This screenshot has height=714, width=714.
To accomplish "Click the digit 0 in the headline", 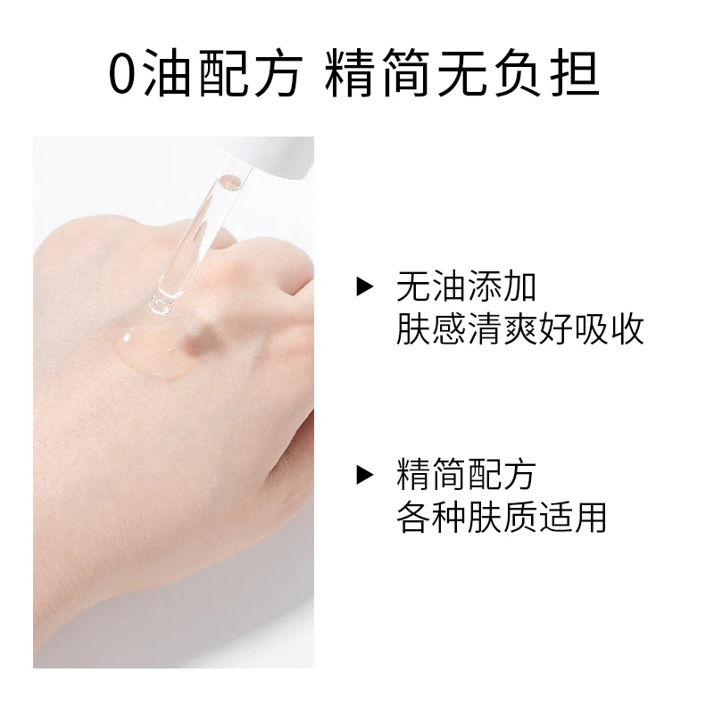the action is tap(123, 75).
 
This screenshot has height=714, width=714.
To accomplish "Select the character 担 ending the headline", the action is tap(575, 73).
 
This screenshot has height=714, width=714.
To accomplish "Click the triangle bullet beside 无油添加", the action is tap(365, 286).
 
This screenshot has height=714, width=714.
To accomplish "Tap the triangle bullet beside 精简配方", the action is tap(365, 475).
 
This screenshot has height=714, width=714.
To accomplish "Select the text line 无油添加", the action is tap(466, 286).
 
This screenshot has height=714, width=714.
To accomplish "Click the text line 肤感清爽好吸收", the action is tap(519, 328).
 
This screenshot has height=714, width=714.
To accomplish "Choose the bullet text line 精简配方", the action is tap(466, 475).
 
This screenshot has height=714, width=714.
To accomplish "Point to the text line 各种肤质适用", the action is tap(502, 517).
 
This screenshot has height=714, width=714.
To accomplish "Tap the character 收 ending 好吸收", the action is tap(627, 328).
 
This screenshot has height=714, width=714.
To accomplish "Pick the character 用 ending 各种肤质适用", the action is tap(591, 517).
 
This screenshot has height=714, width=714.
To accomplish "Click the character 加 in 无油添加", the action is tap(519, 286).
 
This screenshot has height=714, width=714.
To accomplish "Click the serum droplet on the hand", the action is tap(154, 351).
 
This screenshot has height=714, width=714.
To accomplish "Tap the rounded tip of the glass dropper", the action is tap(161, 304).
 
